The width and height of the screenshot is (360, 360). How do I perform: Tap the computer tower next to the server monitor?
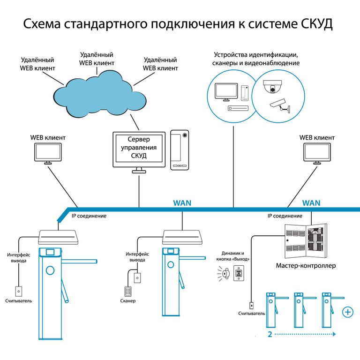pyautogui.click(x=180, y=149)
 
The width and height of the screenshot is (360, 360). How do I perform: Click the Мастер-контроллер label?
pyautogui.click(x=306, y=266)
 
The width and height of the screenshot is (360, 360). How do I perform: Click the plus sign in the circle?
pyautogui.click(x=348, y=311)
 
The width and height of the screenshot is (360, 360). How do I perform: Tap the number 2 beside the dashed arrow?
pyautogui.click(x=270, y=335)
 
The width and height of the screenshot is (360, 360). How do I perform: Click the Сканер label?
pyautogui.click(x=127, y=300)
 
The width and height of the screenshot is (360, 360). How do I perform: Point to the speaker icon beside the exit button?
pyautogui.click(x=224, y=274)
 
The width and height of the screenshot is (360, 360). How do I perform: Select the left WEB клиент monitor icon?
pyautogui.click(x=48, y=153)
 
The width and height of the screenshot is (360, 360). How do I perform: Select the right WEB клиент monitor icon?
pyautogui.click(x=317, y=153)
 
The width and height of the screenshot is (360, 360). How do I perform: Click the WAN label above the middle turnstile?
pyautogui.click(x=182, y=203)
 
